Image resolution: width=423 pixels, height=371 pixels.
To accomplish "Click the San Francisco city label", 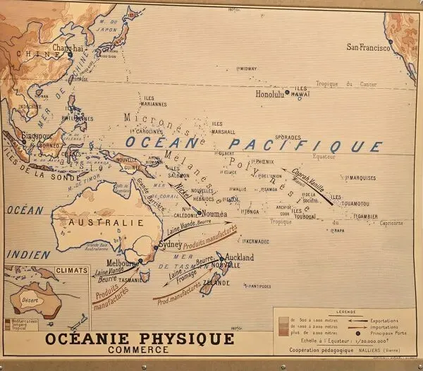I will (369, 47).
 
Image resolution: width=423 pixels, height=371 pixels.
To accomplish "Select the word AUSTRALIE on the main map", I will (103, 222).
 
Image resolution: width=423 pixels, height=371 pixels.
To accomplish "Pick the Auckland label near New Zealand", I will (239, 258).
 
